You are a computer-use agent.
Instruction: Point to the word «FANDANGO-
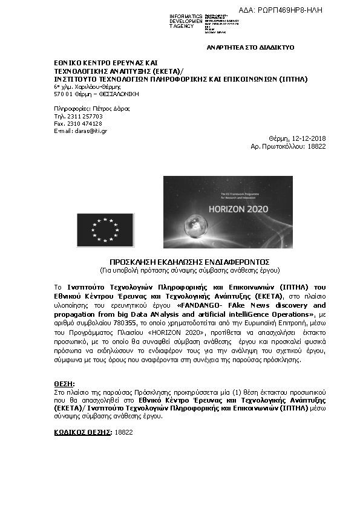pos(185,306)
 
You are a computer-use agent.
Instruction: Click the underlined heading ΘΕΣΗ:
pos(64,384)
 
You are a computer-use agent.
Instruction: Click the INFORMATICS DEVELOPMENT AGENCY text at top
pos(186,21)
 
